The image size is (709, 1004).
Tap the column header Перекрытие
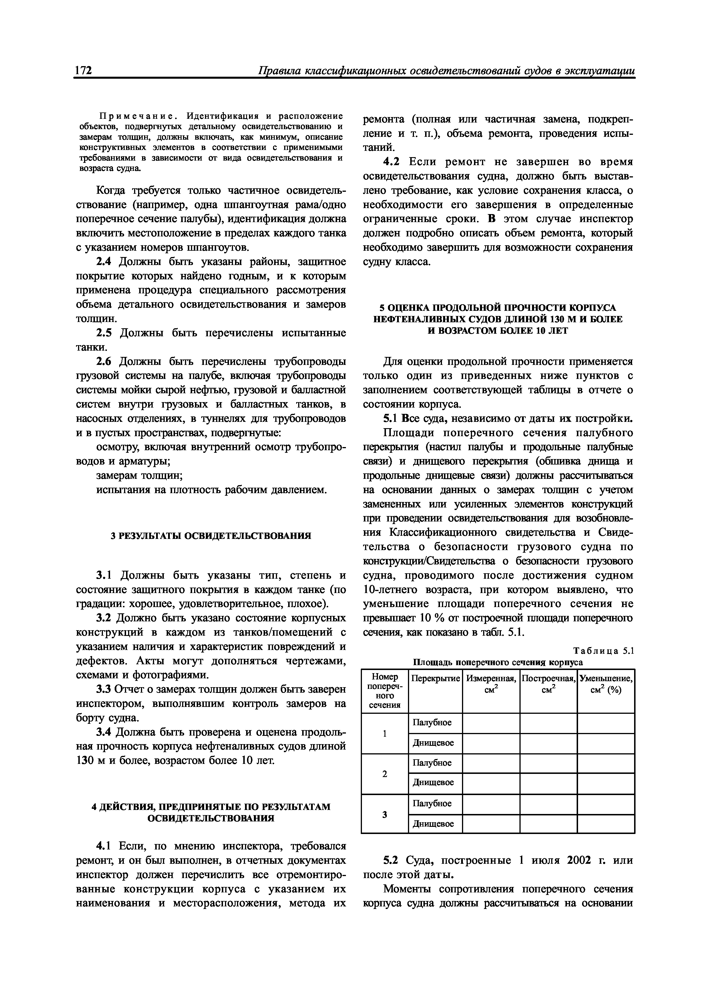pos(435,679)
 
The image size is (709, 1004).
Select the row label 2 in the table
pos(385,774)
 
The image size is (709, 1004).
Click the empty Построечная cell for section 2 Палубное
pos(548,763)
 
